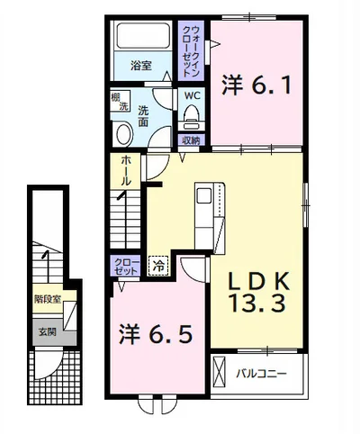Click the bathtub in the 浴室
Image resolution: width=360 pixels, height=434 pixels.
[143, 36]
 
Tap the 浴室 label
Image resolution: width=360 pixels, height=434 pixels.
[140, 66]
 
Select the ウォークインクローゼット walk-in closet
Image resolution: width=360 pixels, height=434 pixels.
[191, 50]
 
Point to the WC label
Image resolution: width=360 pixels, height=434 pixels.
[193, 95]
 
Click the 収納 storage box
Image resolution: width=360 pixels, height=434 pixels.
[191, 140]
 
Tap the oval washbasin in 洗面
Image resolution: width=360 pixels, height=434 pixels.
[124, 134]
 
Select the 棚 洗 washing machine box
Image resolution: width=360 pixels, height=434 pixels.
[120, 101]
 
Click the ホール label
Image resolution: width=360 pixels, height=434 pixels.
[126, 170]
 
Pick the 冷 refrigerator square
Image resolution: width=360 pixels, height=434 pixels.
[158, 265]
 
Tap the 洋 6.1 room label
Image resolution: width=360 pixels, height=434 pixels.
[256, 86]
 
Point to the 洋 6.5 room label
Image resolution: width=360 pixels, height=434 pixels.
[155, 334]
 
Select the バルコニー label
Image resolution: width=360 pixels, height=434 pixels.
[261, 374]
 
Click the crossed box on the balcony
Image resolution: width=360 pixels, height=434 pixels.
[219, 372]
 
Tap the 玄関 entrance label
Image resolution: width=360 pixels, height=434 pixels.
[48, 332]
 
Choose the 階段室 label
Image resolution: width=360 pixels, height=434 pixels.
[48, 299]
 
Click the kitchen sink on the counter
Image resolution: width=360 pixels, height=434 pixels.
[204, 196]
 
